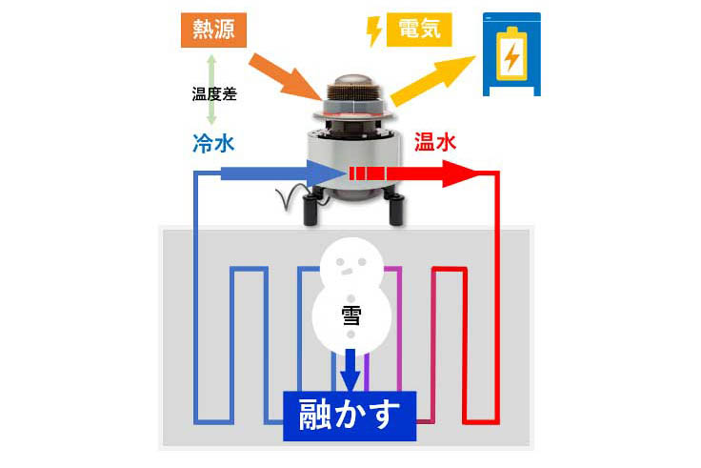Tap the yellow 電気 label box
coord(419,31)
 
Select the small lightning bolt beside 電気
coord(374,31)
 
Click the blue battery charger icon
coord(511,54)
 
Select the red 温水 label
coord(436,144)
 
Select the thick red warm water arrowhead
coord(459,174)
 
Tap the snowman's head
coord(350,258)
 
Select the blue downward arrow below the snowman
coord(350,369)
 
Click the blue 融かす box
coord(350,415)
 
